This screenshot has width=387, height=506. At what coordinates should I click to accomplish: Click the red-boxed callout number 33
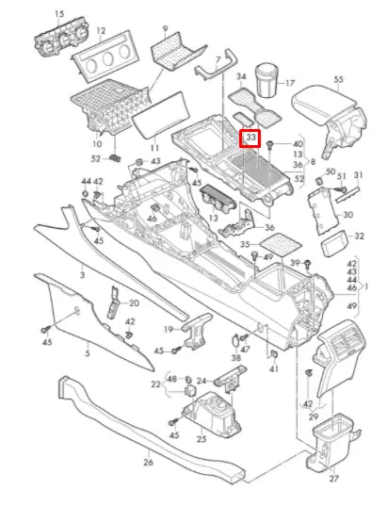250,139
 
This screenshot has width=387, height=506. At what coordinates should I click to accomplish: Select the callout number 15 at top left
59,14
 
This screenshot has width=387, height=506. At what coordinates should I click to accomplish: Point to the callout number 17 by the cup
289,83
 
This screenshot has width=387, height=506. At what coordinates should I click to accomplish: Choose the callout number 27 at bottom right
332,478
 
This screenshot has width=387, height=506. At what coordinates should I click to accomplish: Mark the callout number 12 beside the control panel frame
100,31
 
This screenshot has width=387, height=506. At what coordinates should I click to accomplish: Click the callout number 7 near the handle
218,59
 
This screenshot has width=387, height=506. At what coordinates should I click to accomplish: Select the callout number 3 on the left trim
82,275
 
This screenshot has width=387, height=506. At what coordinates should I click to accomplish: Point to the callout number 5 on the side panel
88,353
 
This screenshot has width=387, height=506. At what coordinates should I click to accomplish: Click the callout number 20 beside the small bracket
133,303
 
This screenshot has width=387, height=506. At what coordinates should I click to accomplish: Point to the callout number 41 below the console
274,369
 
